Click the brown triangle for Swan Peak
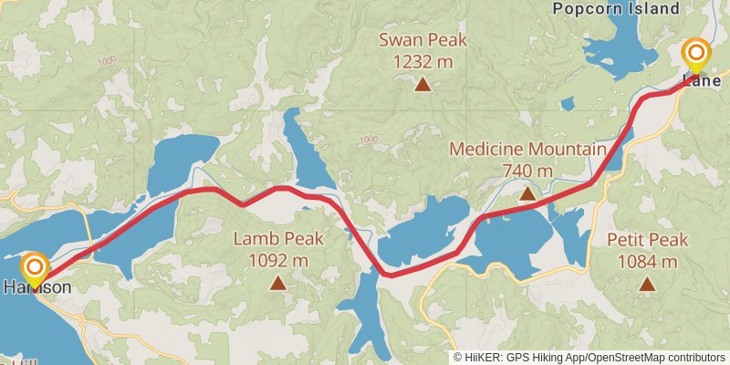click(422, 85)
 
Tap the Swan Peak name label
click(422, 39)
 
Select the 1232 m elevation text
click(422, 61)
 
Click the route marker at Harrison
click(36, 268)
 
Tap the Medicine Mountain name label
click(527, 150)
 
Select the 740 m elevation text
click(527, 171)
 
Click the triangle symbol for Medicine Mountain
click(527, 193)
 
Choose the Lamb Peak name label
click(277, 239)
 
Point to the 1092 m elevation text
click(277, 260)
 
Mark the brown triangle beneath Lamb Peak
click(277, 284)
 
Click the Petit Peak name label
click(647, 240)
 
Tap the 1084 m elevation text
click(647, 262)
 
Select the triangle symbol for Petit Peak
click(647, 285)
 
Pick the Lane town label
click(702, 80)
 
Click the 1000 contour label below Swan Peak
click(369, 140)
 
